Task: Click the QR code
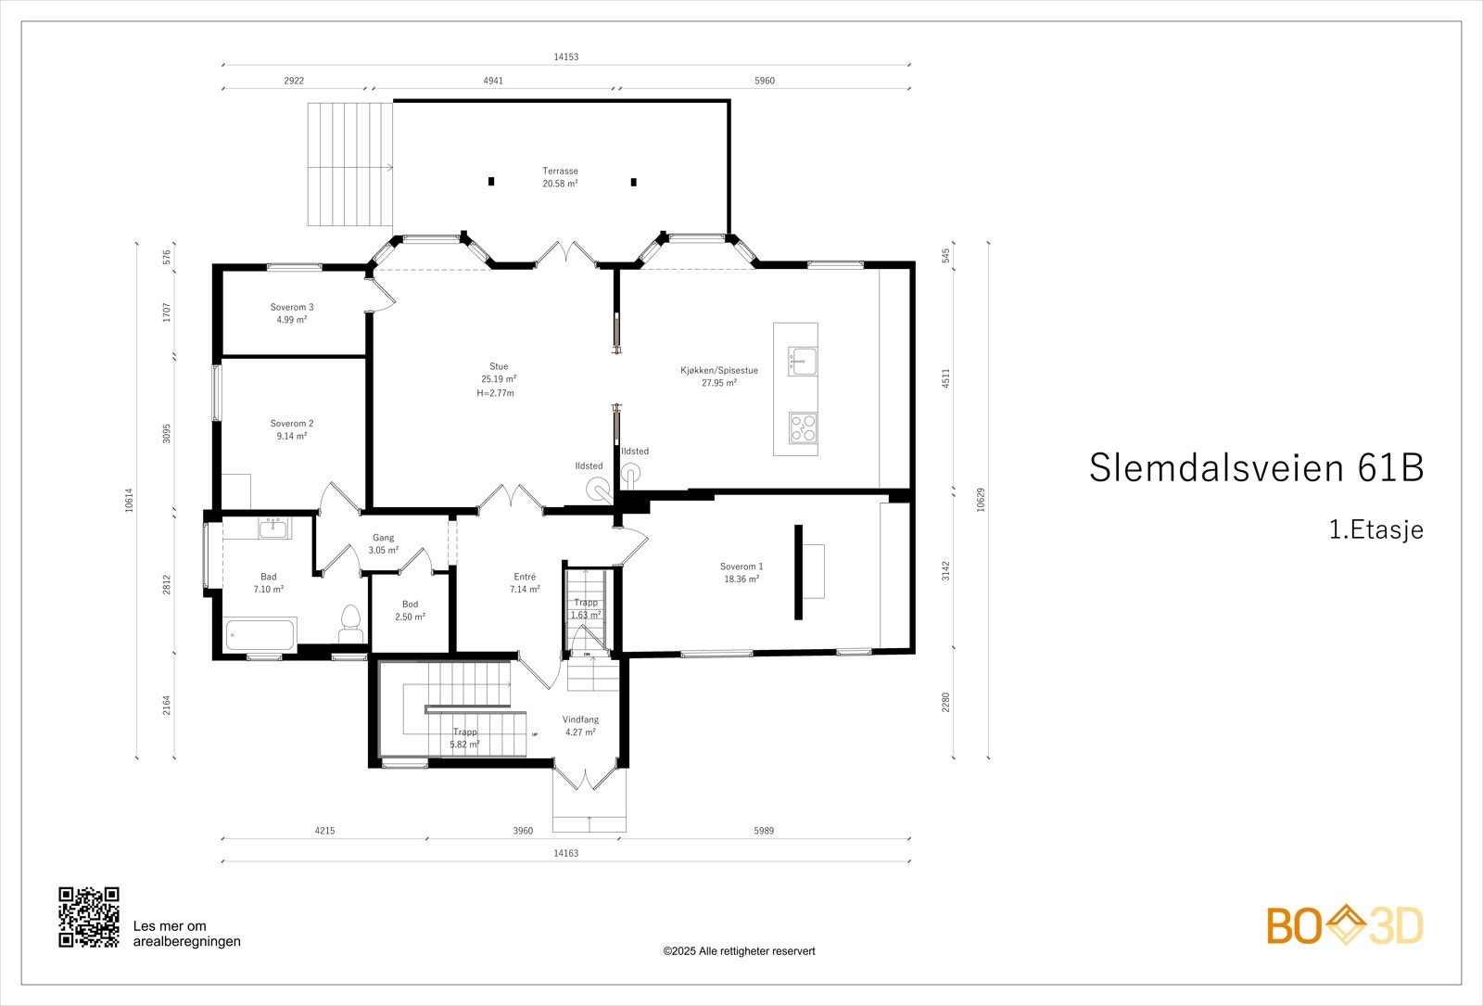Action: coord(89,917)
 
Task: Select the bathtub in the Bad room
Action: coord(260,636)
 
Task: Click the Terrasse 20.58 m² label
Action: coord(560,177)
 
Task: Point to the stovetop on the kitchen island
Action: coord(803,427)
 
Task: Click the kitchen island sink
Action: coord(803,361)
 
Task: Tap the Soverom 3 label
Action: coord(292,312)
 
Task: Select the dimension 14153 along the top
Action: coord(565,57)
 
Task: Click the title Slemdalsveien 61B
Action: coord(1256,468)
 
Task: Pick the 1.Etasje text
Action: coord(1375,530)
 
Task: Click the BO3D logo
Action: coord(1345,925)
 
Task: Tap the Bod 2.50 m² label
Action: coord(410,610)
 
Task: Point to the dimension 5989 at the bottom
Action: coord(763,831)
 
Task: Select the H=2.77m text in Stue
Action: coord(495,393)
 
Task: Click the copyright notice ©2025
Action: coord(739,951)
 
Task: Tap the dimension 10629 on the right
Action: coord(980,500)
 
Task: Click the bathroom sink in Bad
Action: coord(273,528)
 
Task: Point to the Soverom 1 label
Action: coord(741,572)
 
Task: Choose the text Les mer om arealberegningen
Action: coord(187,934)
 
